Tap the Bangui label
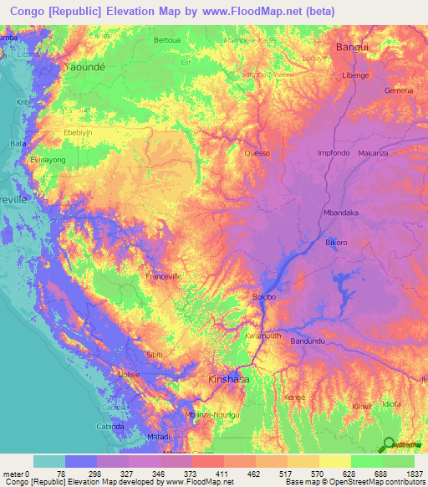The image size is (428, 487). click(x=351, y=48)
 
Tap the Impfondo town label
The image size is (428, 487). click(x=333, y=153)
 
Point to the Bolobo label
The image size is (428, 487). click(x=264, y=297)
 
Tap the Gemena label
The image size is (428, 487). click(x=399, y=90)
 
